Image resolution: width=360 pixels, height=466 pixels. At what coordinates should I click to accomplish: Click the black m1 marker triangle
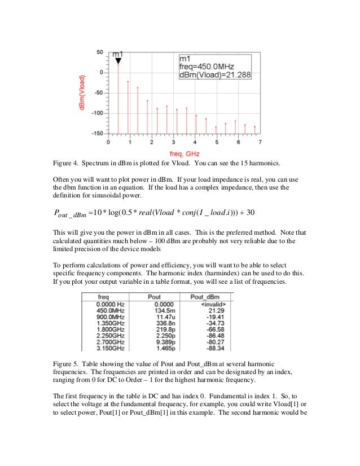tap(118, 59)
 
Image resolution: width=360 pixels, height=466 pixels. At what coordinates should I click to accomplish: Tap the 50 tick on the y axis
tap(99, 52)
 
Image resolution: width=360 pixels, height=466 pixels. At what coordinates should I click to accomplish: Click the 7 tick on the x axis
tap(260, 142)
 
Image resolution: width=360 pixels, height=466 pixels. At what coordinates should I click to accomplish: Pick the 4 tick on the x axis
tap(195, 142)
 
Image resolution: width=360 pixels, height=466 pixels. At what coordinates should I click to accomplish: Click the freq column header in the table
tap(103, 296)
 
